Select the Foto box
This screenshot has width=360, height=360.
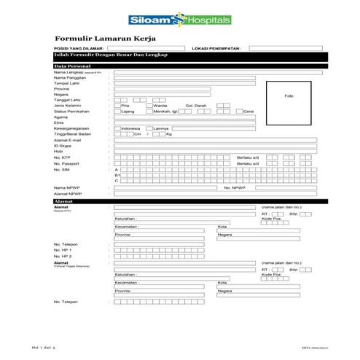tap(289, 95)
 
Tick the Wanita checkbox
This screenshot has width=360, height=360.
tap(149, 106)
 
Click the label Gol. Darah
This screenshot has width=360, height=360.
tap(197, 106)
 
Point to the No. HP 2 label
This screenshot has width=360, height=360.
tap(63, 256)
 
